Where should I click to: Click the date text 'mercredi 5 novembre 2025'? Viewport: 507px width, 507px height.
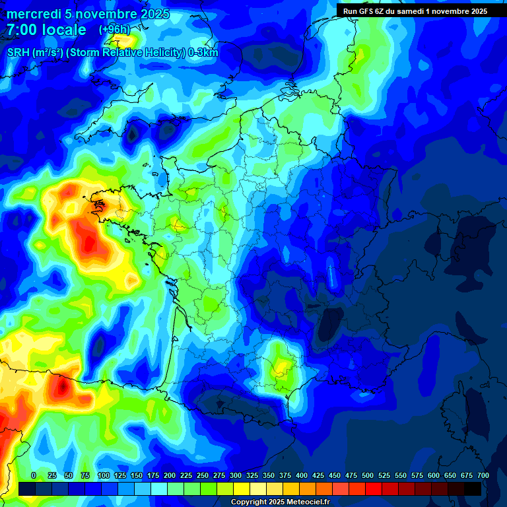[88, 14]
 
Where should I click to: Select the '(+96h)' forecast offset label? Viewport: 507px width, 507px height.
[114, 30]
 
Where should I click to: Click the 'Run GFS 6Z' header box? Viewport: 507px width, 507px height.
[415, 11]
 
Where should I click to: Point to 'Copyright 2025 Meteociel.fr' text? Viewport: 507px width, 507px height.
[280, 502]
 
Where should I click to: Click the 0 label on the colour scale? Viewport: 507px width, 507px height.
[34, 475]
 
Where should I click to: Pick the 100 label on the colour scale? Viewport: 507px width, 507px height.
[104, 475]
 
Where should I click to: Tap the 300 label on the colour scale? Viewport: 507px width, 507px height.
[236, 475]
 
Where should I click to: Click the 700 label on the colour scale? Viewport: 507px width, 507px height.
[483, 475]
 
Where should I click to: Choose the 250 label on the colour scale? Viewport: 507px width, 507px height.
[203, 475]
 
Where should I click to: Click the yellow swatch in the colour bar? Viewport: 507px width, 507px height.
[242, 489]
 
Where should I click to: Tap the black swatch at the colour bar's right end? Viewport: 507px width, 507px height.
[473, 489]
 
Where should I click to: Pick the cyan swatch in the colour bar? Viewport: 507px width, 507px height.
[159, 489]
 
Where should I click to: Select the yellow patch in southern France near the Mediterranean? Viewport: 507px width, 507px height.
[283, 366]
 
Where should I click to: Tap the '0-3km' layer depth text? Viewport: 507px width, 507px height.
[203, 53]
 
